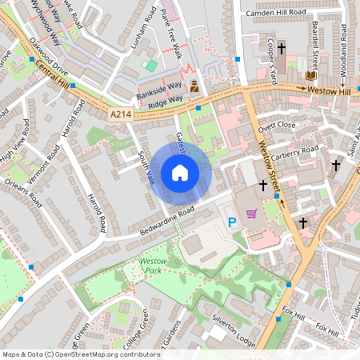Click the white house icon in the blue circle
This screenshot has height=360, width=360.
coord(180,173)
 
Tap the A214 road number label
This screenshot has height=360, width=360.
coord(121,115)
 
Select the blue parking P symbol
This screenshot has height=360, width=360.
coord(233,222)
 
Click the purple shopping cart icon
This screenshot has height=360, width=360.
coord(252,213)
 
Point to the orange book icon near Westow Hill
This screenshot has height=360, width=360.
coord(311,75)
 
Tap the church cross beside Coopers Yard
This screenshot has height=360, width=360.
coord(281,49)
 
